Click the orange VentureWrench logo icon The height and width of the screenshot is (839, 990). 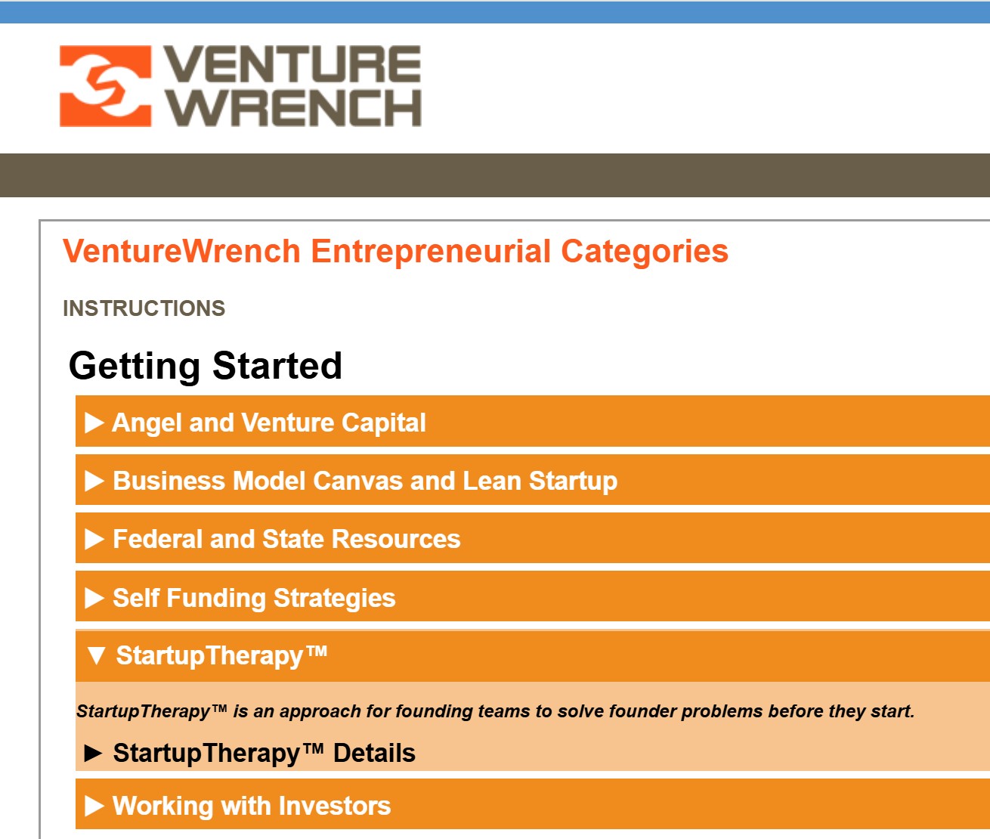pyautogui.click(x=105, y=86)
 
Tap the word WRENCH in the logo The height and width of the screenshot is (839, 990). pyautogui.click(x=294, y=108)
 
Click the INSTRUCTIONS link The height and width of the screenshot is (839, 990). pyautogui.click(x=144, y=308)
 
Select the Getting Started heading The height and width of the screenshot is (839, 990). pyautogui.click(x=206, y=366)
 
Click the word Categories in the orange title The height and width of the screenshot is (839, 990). pyautogui.click(x=644, y=252)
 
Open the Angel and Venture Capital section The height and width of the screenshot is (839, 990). pyautogui.click(x=269, y=423)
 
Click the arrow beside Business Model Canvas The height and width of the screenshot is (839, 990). pyautogui.click(x=94, y=481)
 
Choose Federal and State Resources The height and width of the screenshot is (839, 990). pyautogui.click(x=286, y=539)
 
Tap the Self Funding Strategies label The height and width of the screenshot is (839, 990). pyautogui.click(x=254, y=598)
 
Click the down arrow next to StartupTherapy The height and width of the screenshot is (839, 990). pyautogui.click(x=96, y=655)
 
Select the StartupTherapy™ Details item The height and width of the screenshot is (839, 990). pyautogui.click(x=264, y=753)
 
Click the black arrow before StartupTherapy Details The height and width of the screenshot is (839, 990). pyautogui.click(x=93, y=754)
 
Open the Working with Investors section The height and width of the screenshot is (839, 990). pyautogui.click(x=252, y=806)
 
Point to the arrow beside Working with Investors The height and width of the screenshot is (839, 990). pyautogui.click(x=94, y=806)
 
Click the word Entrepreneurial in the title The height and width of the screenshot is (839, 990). pyautogui.click(x=431, y=252)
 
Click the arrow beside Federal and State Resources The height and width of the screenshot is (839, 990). pyautogui.click(x=94, y=539)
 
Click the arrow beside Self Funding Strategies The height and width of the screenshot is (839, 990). pyautogui.click(x=94, y=598)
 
